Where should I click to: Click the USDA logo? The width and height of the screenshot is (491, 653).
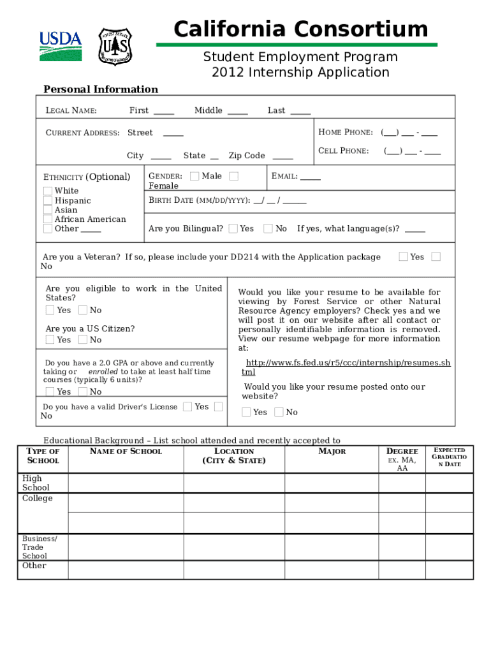(61, 45)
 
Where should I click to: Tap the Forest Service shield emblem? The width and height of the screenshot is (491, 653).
(115, 47)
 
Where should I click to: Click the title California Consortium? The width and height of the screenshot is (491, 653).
(300, 29)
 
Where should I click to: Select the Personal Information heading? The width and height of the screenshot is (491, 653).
(100, 89)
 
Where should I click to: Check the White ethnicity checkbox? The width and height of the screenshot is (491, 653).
(48, 191)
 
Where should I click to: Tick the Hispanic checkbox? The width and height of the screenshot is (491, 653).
(48, 201)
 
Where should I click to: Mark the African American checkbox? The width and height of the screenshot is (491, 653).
(48, 219)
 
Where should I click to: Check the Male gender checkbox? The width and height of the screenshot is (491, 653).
(194, 176)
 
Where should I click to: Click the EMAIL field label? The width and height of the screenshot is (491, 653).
(284, 176)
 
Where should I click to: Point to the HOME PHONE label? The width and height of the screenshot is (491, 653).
(345, 133)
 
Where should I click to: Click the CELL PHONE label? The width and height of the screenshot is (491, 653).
(343, 151)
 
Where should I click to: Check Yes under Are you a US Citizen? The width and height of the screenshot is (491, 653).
(50, 340)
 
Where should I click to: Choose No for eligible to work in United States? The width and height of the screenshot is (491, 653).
(83, 311)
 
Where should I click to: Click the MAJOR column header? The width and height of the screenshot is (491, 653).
(332, 451)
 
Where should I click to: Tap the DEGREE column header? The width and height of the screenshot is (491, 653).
(402, 451)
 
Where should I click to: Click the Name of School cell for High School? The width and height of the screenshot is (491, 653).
(126, 483)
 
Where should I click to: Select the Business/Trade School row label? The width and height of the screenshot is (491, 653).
(40, 547)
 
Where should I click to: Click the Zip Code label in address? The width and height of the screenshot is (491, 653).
(246, 156)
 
